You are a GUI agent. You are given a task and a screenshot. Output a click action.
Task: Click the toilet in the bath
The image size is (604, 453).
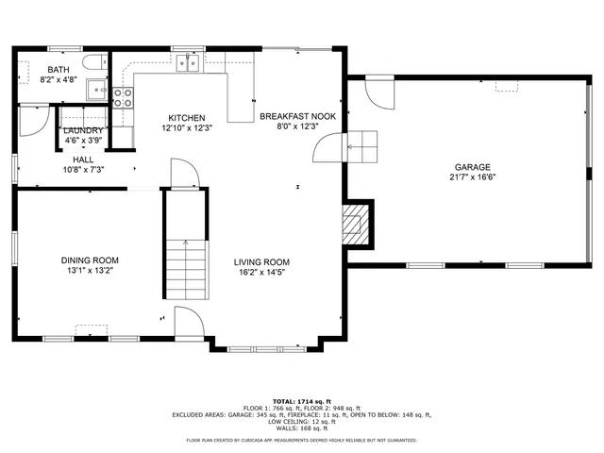(x=93, y=62)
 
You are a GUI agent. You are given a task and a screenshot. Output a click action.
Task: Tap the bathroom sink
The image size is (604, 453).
(x=96, y=91)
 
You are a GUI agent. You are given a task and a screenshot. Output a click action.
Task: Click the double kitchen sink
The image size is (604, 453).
(x=187, y=62)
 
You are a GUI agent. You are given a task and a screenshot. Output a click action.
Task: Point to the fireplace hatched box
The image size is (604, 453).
(x=353, y=223)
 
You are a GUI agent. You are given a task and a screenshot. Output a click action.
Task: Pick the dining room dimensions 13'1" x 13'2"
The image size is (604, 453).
(x=91, y=271)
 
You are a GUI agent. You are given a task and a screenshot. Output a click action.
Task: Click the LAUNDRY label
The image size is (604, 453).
(x=83, y=130)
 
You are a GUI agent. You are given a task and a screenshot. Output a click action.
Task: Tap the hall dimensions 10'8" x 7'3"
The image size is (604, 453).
(x=83, y=170)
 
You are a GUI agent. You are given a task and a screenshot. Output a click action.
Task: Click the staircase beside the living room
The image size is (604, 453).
(x=186, y=269)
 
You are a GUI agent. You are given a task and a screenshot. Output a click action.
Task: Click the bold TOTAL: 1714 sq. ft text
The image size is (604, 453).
(x=301, y=400)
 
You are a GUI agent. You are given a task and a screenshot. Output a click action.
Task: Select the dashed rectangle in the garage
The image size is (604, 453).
(x=508, y=86)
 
